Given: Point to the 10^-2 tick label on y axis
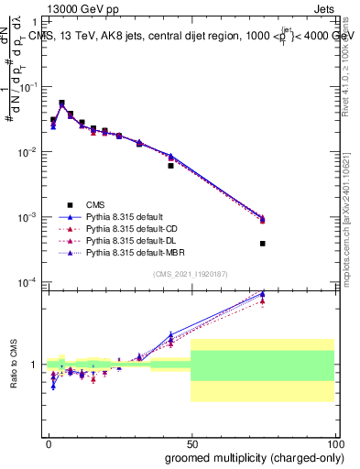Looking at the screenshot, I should [30, 153].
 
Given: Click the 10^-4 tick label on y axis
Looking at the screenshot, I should [30, 282].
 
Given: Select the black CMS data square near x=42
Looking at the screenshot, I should [170, 166].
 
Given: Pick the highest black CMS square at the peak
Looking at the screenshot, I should [61, 104].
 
